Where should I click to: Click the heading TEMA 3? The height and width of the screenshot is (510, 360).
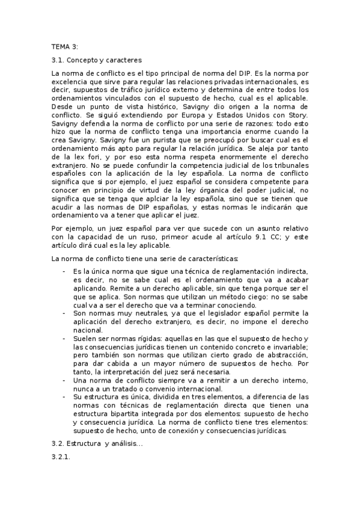(65, 46)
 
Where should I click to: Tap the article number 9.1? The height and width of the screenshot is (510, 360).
(243, 237)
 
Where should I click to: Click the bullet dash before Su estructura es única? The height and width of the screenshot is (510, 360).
(64, 397)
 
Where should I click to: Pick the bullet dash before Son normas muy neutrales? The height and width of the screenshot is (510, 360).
(64, 313)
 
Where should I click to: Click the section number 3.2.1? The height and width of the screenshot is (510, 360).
(62, 458)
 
